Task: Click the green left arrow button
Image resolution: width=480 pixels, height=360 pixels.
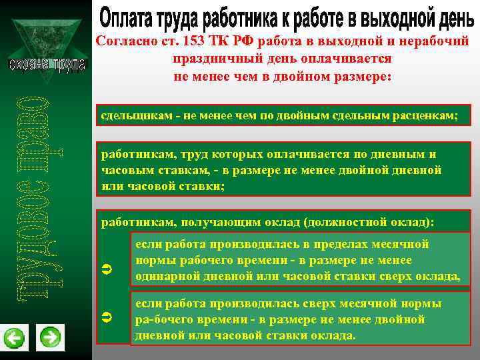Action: point(14,338)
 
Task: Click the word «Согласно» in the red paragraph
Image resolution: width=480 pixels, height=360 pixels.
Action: point(121,41)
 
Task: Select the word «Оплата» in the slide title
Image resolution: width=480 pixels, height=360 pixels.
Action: point(123,16)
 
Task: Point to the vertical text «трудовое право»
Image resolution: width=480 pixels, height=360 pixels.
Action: point(31,193)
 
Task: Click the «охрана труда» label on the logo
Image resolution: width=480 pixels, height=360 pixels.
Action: point(47,65)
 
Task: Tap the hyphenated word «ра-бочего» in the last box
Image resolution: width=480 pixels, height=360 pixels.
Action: point(161,319)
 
